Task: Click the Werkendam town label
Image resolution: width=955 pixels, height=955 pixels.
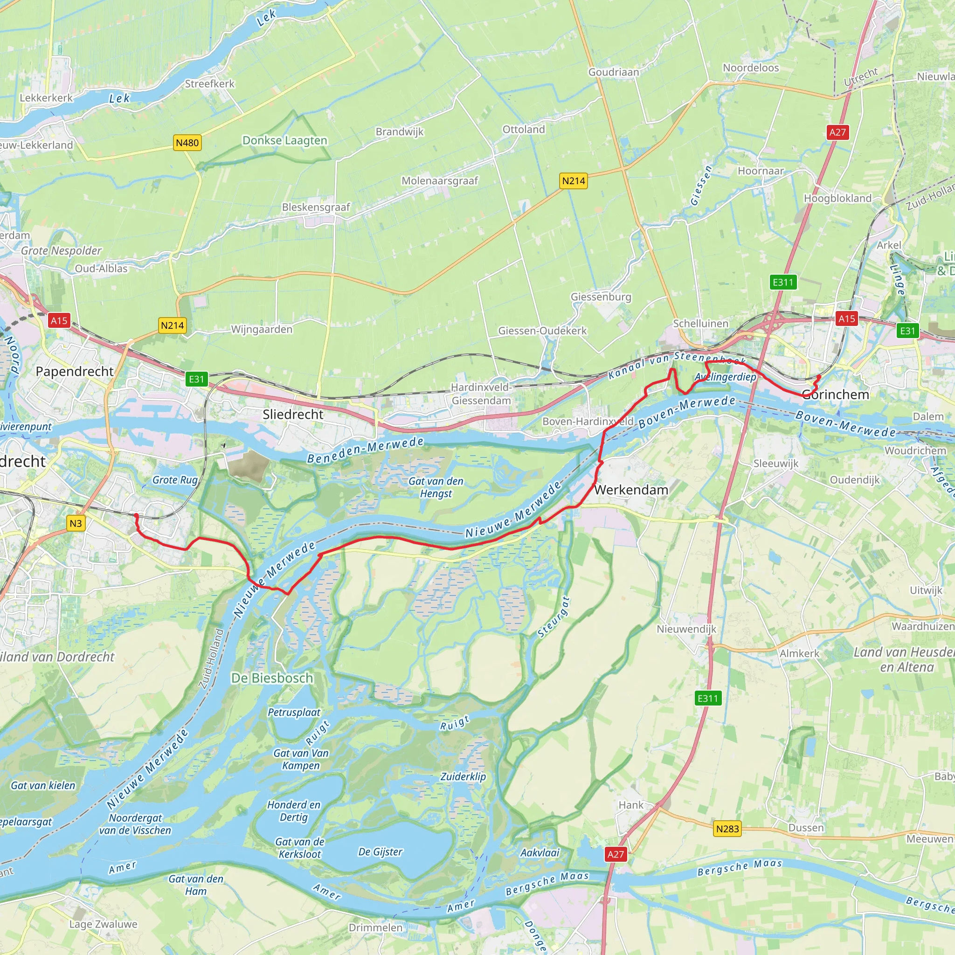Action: tap(631, 490)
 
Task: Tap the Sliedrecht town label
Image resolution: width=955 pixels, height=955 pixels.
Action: tap(293, 414)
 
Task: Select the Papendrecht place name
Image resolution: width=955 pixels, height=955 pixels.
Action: tap(75, 371)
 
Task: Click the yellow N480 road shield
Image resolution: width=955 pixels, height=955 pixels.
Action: tap(187, 143)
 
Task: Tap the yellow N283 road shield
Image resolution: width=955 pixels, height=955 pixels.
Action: tap(727, 829)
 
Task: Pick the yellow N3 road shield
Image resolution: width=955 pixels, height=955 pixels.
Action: tap(76, 524)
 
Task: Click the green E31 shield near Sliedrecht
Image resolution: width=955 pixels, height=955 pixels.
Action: tap(196, 379)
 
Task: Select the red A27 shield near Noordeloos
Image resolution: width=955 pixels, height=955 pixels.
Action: tap(837, 132)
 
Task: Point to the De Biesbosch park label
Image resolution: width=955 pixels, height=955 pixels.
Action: tap(272, 678)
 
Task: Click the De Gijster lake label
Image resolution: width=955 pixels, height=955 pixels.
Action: tap(380, 851)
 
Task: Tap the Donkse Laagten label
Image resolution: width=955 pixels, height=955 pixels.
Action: tap(285, 140)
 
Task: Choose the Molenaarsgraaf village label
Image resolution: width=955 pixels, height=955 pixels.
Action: tap(439, 181)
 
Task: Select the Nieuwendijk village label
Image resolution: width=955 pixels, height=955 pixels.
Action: tap(686, 629)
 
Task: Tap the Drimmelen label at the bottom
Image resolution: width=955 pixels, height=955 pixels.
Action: tap(375, 928)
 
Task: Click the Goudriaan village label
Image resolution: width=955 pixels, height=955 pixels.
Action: tap(614, 72)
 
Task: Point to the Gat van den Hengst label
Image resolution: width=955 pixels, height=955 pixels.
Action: tap(436, 487)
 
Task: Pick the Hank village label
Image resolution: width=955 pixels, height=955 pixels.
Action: tap(631, 805)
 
